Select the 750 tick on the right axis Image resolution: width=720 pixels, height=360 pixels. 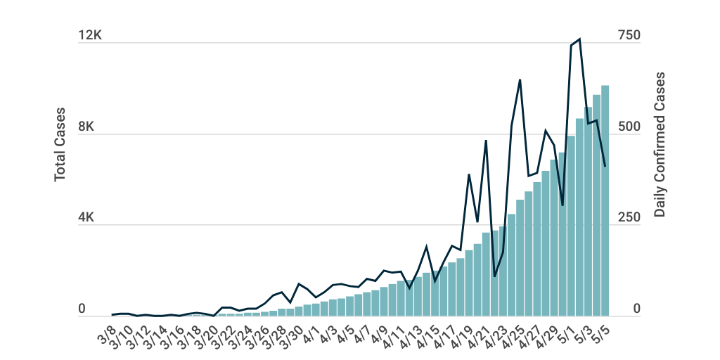[628, 36]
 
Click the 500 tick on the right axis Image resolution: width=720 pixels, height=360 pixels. [628, 127]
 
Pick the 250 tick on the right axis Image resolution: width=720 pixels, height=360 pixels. [628, 218]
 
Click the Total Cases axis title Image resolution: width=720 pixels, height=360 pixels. [60, 143]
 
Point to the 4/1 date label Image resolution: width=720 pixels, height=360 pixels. [310, 330]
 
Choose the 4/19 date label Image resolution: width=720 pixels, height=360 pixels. [463, 330]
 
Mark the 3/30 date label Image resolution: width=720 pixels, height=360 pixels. [293, 330]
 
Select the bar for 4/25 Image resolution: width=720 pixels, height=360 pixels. [520, 260]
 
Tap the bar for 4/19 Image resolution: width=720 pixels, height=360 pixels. [469, 285]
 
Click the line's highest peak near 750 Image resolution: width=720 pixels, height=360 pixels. [579, 39]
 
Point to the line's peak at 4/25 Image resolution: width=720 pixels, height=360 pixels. [520, 80]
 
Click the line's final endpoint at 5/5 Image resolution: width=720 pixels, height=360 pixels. [605, 166]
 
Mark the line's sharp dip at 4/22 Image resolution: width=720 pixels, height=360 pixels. [494, 276]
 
